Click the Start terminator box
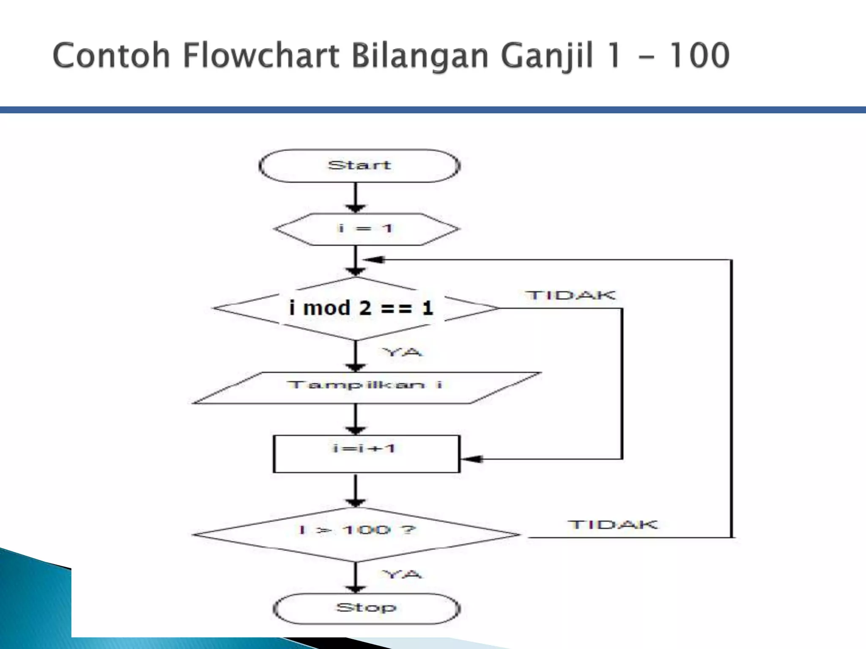pos(359,166)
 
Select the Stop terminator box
pos(366,608)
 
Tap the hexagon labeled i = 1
pos(366,229)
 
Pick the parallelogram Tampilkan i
pos(366,387)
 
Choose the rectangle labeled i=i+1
pos(366,454)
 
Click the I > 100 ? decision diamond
pos(357,534)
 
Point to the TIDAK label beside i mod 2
pos(570,295)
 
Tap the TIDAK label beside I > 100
pos(613,524)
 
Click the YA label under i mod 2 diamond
pos(403,352)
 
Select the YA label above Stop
pos(403,574)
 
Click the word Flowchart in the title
pos(261,56)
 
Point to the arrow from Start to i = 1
pos(356,198)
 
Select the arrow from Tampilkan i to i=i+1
pos(356,420)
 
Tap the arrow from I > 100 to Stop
pos(356,578)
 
